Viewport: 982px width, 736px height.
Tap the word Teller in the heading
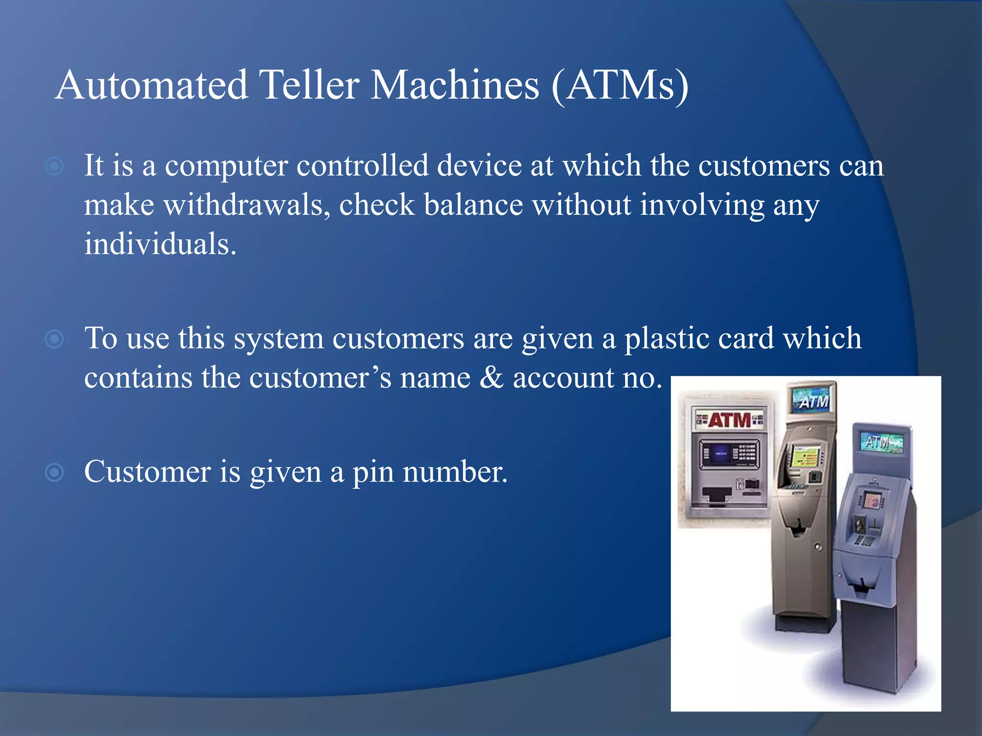309,85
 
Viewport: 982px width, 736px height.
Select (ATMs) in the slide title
620,85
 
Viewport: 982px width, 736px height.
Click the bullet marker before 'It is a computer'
54,166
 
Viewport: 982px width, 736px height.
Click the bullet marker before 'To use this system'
54,339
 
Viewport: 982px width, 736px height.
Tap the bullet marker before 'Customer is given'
54,472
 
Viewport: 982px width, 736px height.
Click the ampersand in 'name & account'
491,378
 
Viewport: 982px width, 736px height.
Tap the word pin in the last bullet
373,472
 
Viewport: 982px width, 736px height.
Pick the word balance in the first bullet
473,205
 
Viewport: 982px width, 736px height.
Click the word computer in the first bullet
226,166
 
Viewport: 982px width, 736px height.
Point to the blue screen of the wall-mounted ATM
720,453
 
